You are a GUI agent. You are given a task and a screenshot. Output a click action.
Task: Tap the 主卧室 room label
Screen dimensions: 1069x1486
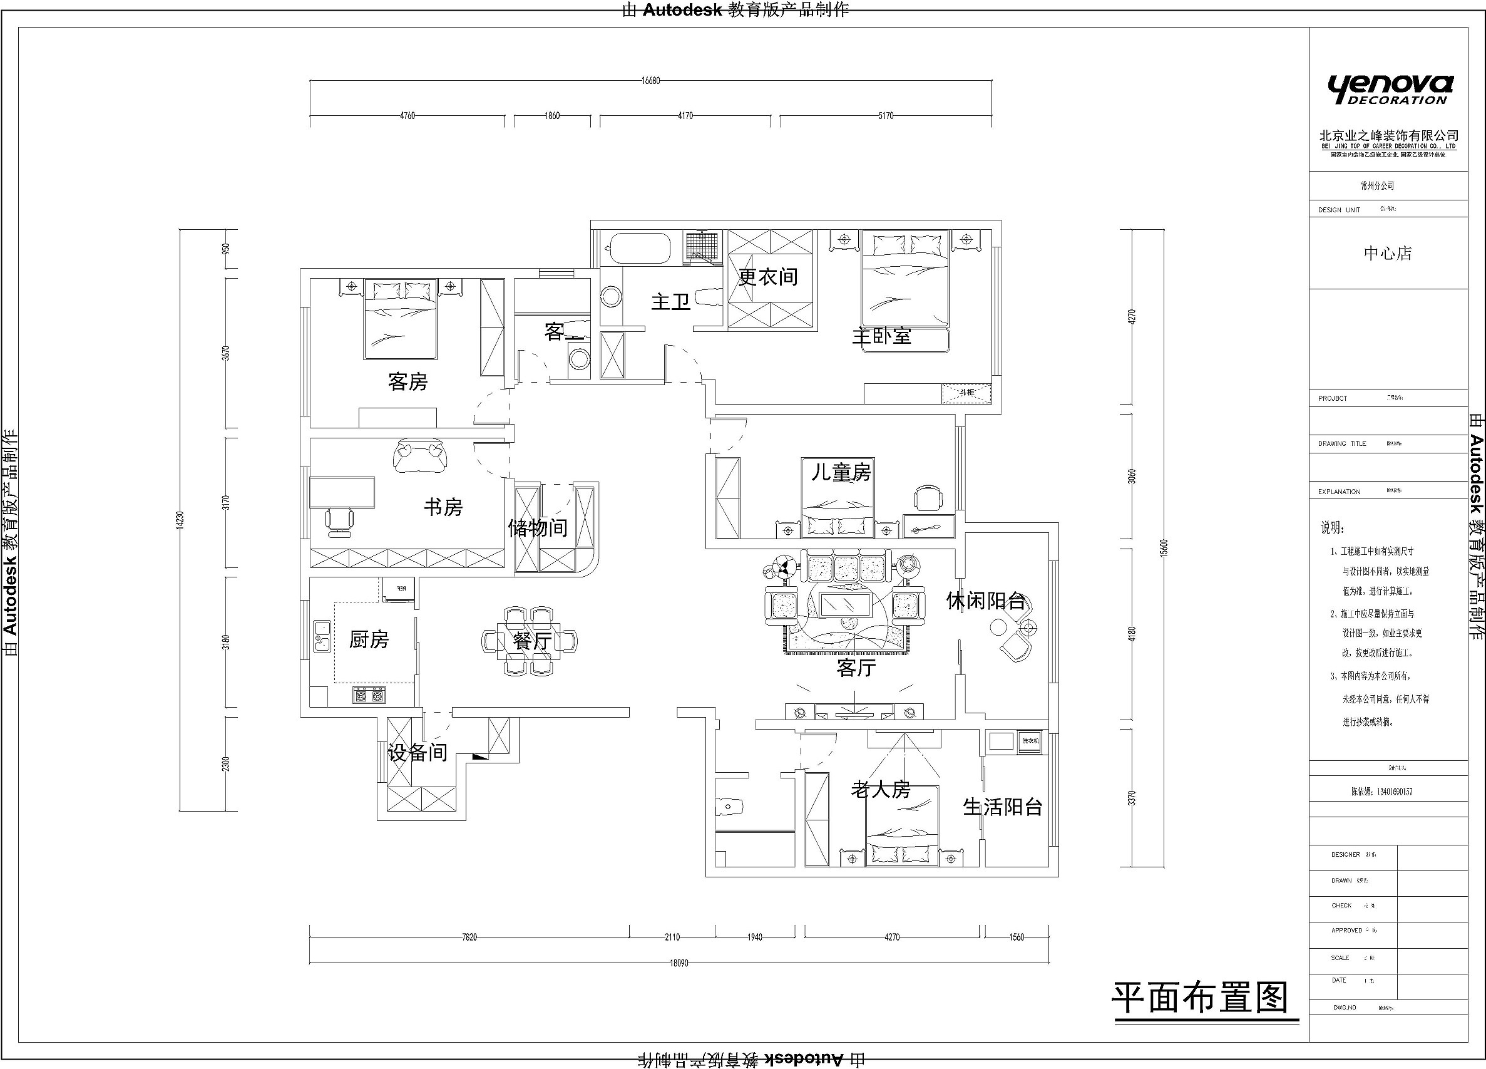point(881,336)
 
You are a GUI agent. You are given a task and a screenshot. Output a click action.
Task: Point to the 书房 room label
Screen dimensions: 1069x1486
point(443,507)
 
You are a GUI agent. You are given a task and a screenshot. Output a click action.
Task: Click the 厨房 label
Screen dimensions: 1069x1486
point(369,639)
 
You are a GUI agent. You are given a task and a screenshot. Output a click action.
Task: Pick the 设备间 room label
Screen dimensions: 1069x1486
point(418,752)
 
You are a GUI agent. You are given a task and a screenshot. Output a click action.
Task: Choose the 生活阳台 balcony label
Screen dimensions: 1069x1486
point(1003,807)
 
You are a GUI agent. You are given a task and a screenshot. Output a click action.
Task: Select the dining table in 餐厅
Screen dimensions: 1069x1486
point(530,641)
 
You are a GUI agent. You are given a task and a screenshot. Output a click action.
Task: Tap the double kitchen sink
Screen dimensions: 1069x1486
point(322,636)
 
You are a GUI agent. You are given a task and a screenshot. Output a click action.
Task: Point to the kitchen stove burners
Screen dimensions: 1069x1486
point(369,695)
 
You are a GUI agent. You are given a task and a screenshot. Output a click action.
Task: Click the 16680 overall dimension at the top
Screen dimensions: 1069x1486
point(650,81)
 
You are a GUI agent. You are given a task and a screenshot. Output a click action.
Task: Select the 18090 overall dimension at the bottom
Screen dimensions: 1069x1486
point(679,963)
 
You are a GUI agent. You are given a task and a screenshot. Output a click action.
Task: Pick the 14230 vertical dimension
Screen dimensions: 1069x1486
point(180,520)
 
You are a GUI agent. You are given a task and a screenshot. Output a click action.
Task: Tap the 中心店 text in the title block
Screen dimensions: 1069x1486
point(1388,254)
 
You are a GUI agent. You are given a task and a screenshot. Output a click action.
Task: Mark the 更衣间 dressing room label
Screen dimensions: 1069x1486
point(769,277)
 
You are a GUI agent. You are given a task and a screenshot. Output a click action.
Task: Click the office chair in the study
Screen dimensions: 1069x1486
point(339,521)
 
